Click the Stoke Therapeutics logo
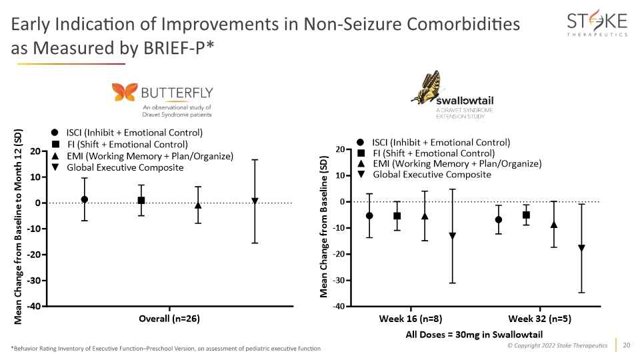tap(597, 23)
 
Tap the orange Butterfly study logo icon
tap(125, 92)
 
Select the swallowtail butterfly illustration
tap(428, 87)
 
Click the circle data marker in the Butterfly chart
tap(85, 199)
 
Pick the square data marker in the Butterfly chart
tap(141, 201)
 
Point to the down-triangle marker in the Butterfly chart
tap(255, 201)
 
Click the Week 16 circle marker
tap(369, 215)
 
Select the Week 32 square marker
tap(526, 215)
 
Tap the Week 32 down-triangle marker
tap(581, 248)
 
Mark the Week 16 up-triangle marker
tap(425, 216)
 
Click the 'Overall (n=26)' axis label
tap(169, 319)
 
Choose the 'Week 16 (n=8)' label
tap(411, 319)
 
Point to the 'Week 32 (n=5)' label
tap(539, 319)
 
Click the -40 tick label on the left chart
tap(34, 306)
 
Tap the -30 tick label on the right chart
tap(339, 281)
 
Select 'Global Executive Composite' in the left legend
tap(125, 168)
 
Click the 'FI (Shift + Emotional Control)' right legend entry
tap(434, 153)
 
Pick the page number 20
tap(627, 345)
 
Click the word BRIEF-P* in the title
tap(179, 48)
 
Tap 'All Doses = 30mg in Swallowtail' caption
tap(474, 335)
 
